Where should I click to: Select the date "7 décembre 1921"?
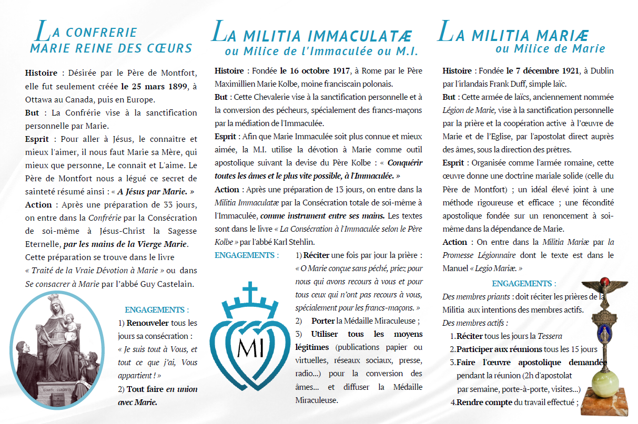click(542, 71)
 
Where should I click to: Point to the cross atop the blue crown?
click(250, 291)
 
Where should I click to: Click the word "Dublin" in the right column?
click(601, 71)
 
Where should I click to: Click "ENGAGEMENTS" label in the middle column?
click(245, 255)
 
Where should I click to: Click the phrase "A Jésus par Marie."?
click(156, 192)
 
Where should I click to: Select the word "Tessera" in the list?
click(550, 336)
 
